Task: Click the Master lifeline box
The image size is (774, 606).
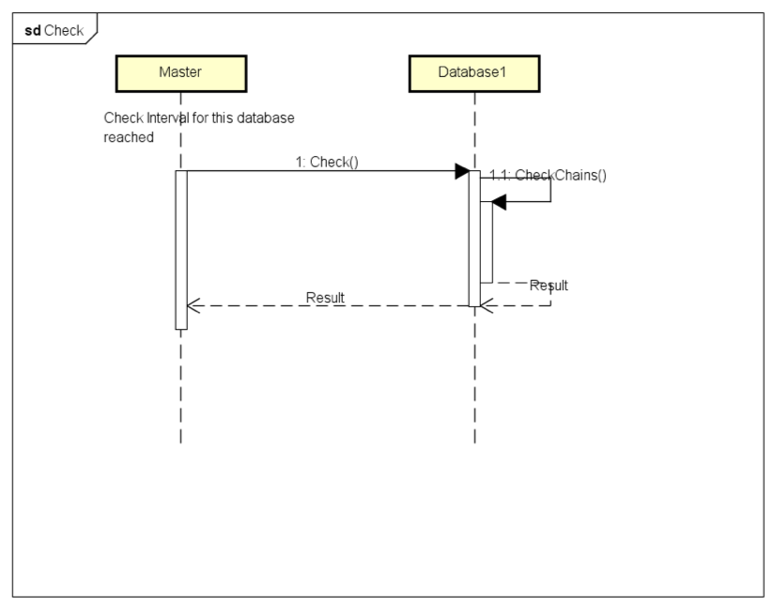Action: click(x=181, y=73)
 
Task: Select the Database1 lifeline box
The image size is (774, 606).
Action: click(x=474, y=73)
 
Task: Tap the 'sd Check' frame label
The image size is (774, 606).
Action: click(x=54, y=31)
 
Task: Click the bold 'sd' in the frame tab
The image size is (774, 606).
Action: click(x=33, y=31)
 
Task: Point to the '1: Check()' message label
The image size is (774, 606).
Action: click(x=327, y=162)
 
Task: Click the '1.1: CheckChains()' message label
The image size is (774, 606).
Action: click(x=548, y=176)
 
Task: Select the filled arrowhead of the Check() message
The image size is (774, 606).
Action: click(x=462, y=171)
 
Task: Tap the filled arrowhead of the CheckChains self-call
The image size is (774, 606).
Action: click(x=499, y=201)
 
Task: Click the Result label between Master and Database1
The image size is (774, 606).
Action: click(x=325, y=298)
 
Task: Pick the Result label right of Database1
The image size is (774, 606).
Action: click(x=549, y=286)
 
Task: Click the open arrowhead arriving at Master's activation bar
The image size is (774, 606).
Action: click(x=193, y=305)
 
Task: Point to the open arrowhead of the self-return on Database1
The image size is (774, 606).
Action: click(x=487, y=305)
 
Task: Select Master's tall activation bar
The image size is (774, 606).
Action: click(x=181, y=250)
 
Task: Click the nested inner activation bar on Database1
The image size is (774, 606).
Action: click(x=487, y=242)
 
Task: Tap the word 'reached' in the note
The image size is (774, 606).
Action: click(x=129, y=137)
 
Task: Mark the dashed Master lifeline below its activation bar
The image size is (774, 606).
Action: click(x=181, y=386)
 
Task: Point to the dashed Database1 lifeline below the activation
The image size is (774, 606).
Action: click(x=475, y=375)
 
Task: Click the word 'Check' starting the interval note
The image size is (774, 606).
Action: click(x=123, y=118)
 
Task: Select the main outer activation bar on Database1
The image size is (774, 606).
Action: click(x=474, y=239)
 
